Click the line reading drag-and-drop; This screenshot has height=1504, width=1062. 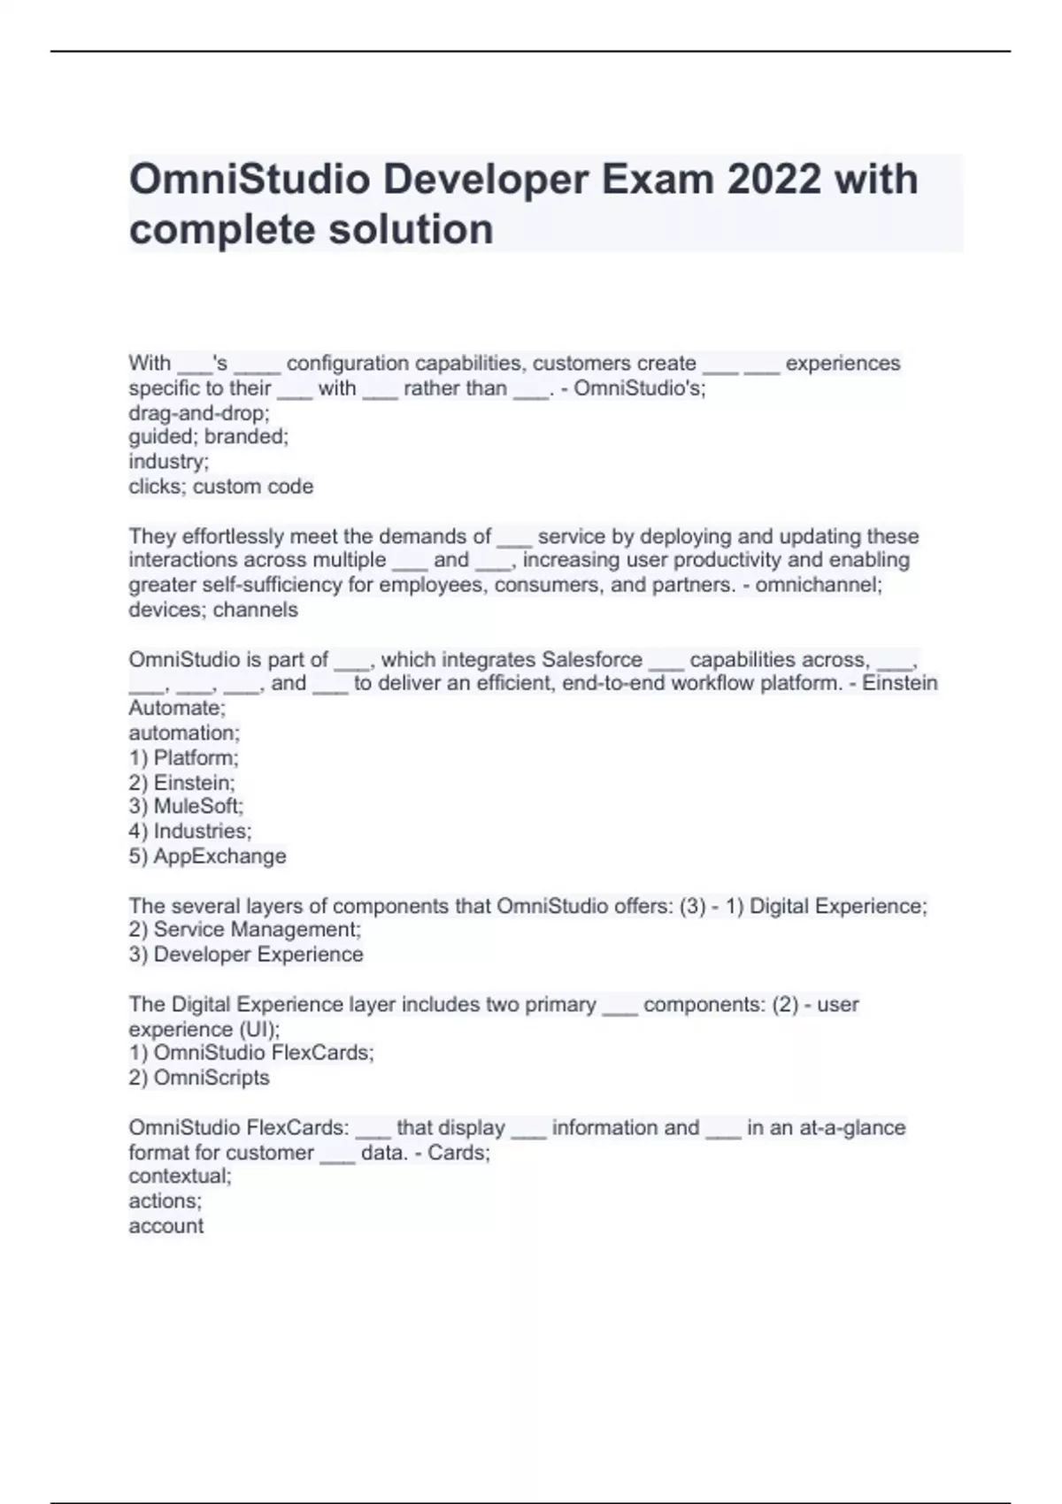click(x=199, y=413)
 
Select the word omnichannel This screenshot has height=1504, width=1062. click(x=819, y=585)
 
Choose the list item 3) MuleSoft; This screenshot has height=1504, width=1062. click(x=186, y=806)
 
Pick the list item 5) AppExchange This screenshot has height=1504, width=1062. click(x=207, y=856)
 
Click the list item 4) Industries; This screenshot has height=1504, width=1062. click(x=190, y=831)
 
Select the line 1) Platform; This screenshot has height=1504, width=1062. click(x=183, y=758)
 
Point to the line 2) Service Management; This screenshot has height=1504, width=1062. click(x=245, y=930)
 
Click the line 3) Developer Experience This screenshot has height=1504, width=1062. click(x=246, y=955)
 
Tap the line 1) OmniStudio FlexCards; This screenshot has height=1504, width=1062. click(x=251, y=1053)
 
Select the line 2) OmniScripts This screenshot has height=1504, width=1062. click(x=199, y=1078)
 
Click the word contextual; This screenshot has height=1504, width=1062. click(x=180, y=1176)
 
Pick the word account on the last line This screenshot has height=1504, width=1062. click(x=166, y=1226)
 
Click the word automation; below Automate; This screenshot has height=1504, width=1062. click(x=184, y=733)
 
